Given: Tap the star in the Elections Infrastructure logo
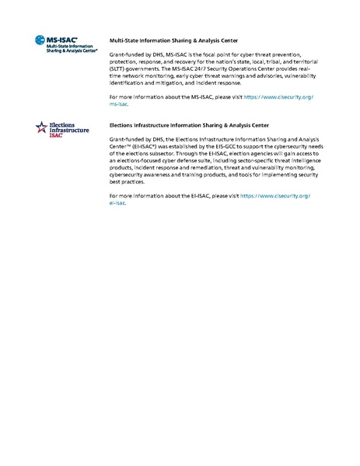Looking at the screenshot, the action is point(41,127).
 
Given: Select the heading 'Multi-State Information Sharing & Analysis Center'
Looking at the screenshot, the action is point(173,39).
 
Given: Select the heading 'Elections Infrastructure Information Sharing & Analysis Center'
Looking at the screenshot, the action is point(189,124).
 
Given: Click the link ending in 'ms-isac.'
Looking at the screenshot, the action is point(119,102).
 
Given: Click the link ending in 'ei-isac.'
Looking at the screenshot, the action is point(117,202).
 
